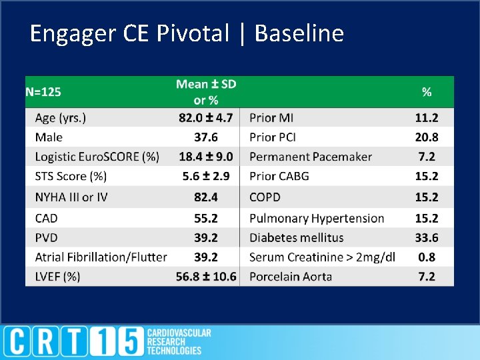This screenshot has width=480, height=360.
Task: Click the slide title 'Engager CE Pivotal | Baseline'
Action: tap(187, 33)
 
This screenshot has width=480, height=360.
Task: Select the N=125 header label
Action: tap(43, 92)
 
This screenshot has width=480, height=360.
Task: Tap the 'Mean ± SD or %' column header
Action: tap(206, 92)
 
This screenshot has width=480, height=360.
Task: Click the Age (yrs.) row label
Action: tap(61, 118)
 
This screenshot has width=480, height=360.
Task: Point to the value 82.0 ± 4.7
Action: tap(206, 118)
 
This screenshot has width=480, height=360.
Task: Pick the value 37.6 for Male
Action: tap(206, 137)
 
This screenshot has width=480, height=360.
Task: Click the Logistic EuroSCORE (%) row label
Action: tap(97, 157)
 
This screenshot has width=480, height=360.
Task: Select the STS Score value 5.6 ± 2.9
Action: tap(206, 177)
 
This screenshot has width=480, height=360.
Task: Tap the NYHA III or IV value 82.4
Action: tap(206, 197)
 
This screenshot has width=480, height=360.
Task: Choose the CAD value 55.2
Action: tap(206, 218)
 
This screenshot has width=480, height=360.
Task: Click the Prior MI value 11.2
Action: tap(427, 118)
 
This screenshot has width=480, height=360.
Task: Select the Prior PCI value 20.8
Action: tap(427, 137)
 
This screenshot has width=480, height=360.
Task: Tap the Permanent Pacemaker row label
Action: tap(311, 157)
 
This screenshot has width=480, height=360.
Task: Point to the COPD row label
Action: tap(265, 197)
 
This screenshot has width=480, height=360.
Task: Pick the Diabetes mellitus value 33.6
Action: tap(427, 238)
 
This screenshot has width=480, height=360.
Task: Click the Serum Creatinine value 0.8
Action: tap(427, 257)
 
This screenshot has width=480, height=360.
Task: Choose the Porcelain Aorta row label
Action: tap(291, 277)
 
